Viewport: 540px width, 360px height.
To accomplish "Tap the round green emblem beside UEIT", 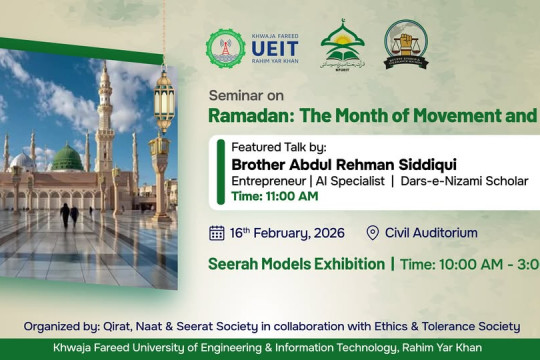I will [225, 48].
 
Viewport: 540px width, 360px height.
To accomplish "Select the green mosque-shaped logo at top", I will [342, 45].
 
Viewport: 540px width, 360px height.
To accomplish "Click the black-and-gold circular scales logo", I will [406, 45].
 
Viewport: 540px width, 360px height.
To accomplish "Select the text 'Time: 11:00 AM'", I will [274, 196].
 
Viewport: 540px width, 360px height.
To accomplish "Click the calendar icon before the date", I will [217, 233].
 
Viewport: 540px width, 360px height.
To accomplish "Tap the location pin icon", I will [373, 233].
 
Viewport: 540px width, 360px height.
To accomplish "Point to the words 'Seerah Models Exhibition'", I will [295, 264].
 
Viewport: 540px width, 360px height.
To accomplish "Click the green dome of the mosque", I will [67, 157].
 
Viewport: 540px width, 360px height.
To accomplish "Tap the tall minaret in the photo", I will [104, 120].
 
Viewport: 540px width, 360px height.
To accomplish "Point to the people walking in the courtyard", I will [69, 214].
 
